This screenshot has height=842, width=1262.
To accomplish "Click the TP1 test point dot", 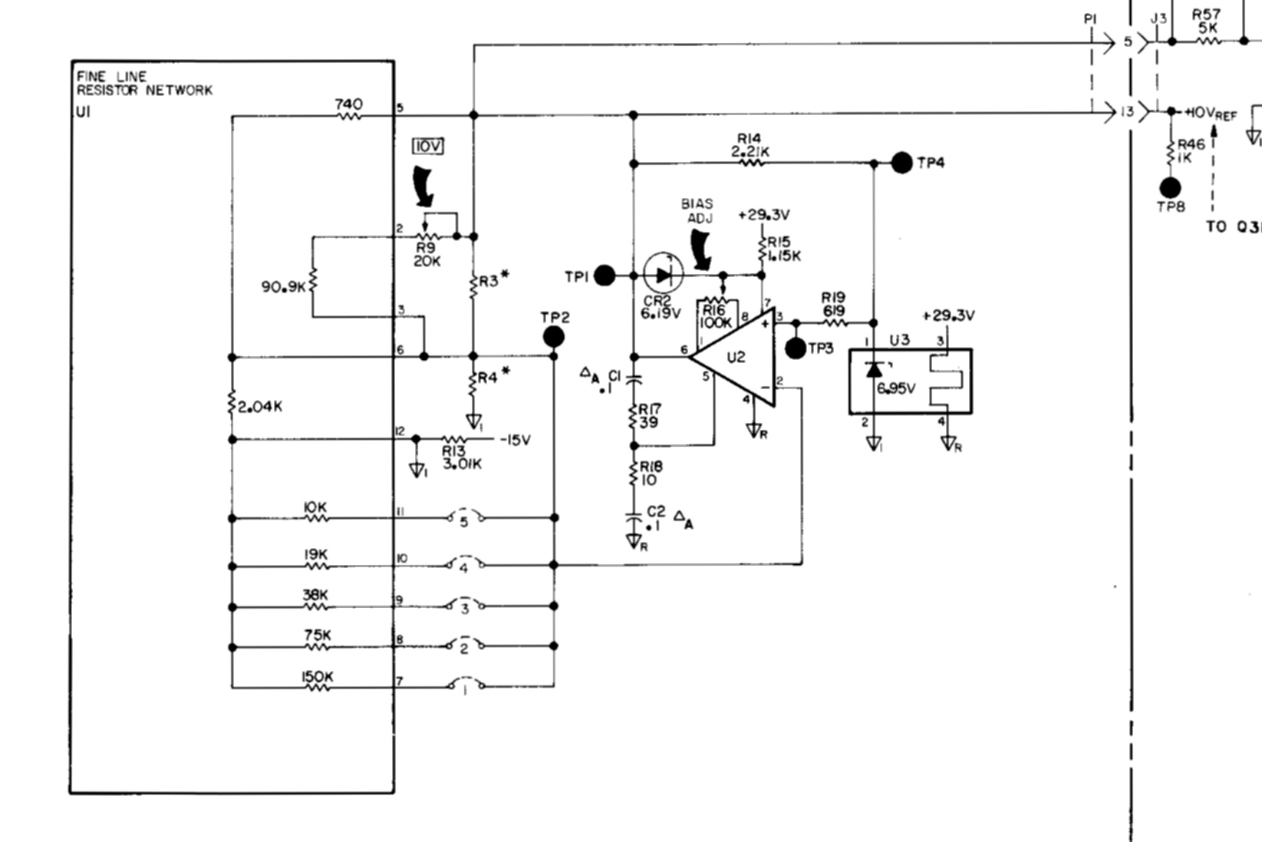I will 605,276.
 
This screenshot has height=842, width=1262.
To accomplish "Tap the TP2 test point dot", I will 553,337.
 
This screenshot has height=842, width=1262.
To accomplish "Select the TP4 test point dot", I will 902,163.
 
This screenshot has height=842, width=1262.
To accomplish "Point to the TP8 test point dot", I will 1170,187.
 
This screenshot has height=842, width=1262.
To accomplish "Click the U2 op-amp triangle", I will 733,358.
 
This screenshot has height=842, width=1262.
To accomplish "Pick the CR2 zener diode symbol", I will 664,274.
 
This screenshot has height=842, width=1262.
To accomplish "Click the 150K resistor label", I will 316,677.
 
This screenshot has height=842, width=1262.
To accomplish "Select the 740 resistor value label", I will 349,104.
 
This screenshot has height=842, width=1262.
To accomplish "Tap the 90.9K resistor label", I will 284,287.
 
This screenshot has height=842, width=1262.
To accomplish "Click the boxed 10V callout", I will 428,147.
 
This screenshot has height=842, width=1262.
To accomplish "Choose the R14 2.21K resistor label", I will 750,146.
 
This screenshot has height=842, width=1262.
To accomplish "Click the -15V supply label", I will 515,441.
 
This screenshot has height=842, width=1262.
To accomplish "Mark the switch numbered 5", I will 465,520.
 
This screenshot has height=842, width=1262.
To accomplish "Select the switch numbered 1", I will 465,685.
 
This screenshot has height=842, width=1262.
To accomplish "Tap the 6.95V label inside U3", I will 896,388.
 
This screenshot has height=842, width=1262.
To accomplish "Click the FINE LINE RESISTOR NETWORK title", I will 143,84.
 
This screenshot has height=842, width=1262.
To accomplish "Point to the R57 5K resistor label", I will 1206,21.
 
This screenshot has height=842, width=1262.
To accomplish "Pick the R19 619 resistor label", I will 833,305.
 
